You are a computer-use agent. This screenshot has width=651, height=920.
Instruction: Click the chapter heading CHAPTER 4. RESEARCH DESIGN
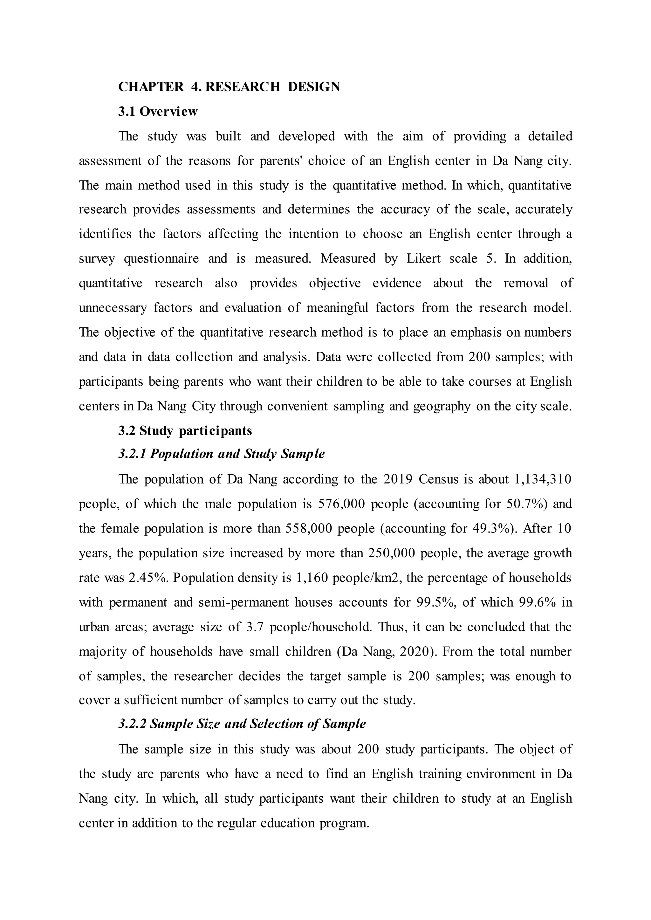coord(229,86)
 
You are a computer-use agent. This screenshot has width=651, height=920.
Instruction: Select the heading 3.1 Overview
coord(158,112)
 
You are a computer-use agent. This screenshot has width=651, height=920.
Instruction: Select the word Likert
coord(423,258)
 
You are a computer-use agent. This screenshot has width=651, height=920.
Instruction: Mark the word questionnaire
coord(161,258)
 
